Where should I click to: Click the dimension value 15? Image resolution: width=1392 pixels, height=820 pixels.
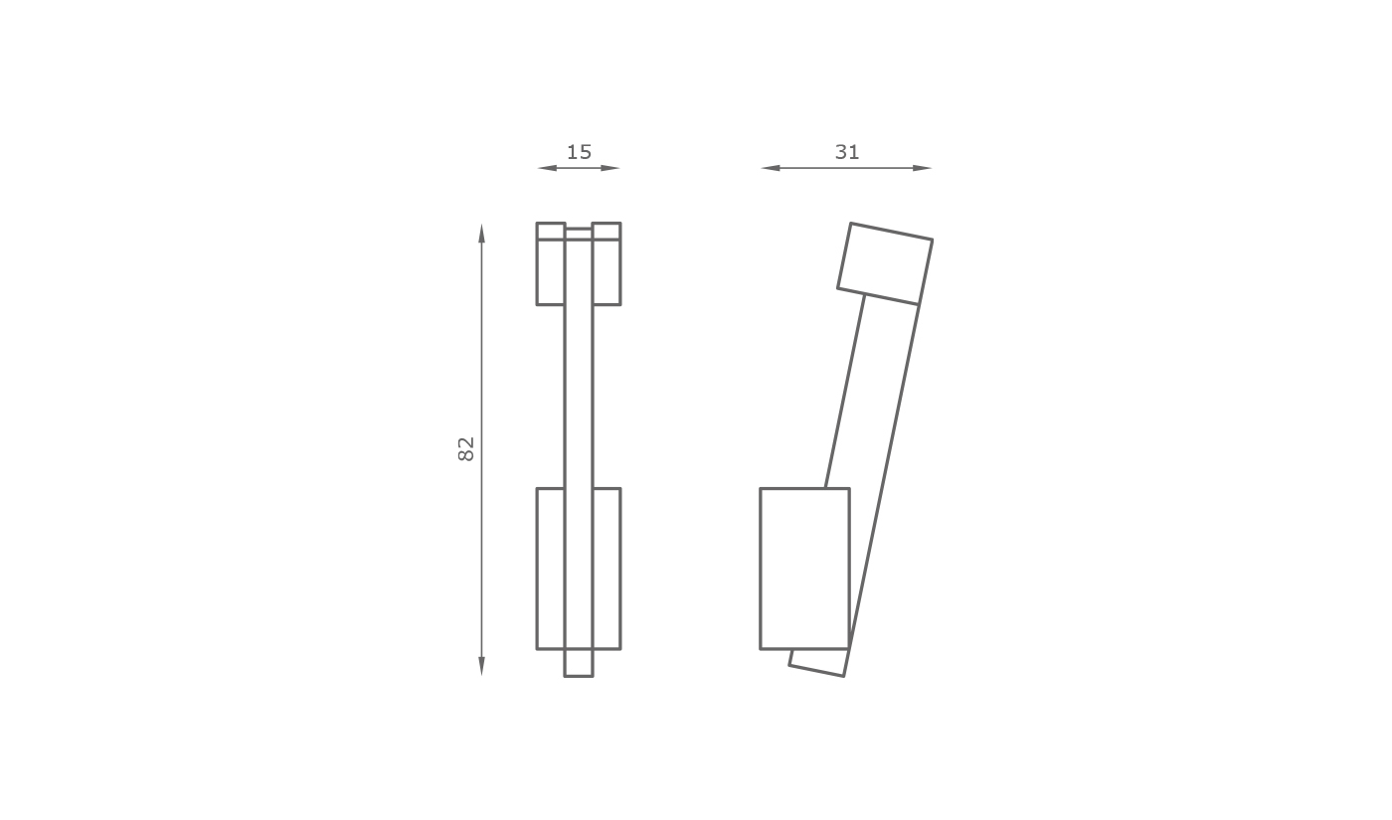[579, 152]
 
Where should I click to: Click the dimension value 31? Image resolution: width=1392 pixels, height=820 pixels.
[847, 152]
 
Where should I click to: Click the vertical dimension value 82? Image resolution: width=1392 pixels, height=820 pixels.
[466, 449]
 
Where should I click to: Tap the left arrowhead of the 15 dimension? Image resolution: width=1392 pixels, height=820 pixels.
[547, 168]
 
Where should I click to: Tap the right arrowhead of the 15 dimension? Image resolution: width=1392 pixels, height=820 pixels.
[610, 168]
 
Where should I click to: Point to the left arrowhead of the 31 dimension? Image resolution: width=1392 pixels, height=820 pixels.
[771, 168]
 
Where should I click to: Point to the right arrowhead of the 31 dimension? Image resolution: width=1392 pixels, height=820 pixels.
[923, 168]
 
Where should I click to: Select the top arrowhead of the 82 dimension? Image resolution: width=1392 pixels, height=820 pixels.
[481, 234]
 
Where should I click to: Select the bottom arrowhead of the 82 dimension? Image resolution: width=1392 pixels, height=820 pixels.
[481, 666]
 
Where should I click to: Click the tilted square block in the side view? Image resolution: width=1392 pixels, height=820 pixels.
[885, 263]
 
